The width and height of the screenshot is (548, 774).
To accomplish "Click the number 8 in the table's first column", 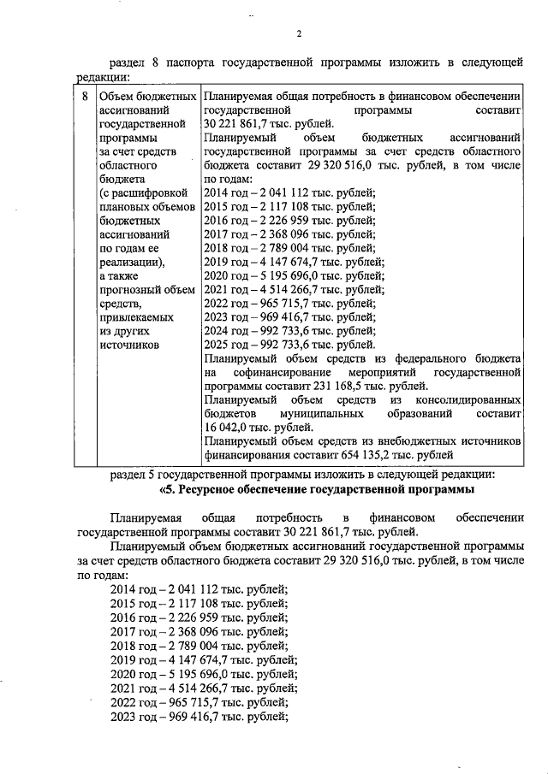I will click(x=84, y=96).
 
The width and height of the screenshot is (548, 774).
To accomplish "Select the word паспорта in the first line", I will click(x=186, y=62).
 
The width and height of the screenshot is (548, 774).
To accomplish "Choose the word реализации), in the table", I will click(x=131, y=262).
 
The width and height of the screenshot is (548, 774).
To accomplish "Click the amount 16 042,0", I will click(x=229, y=428).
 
